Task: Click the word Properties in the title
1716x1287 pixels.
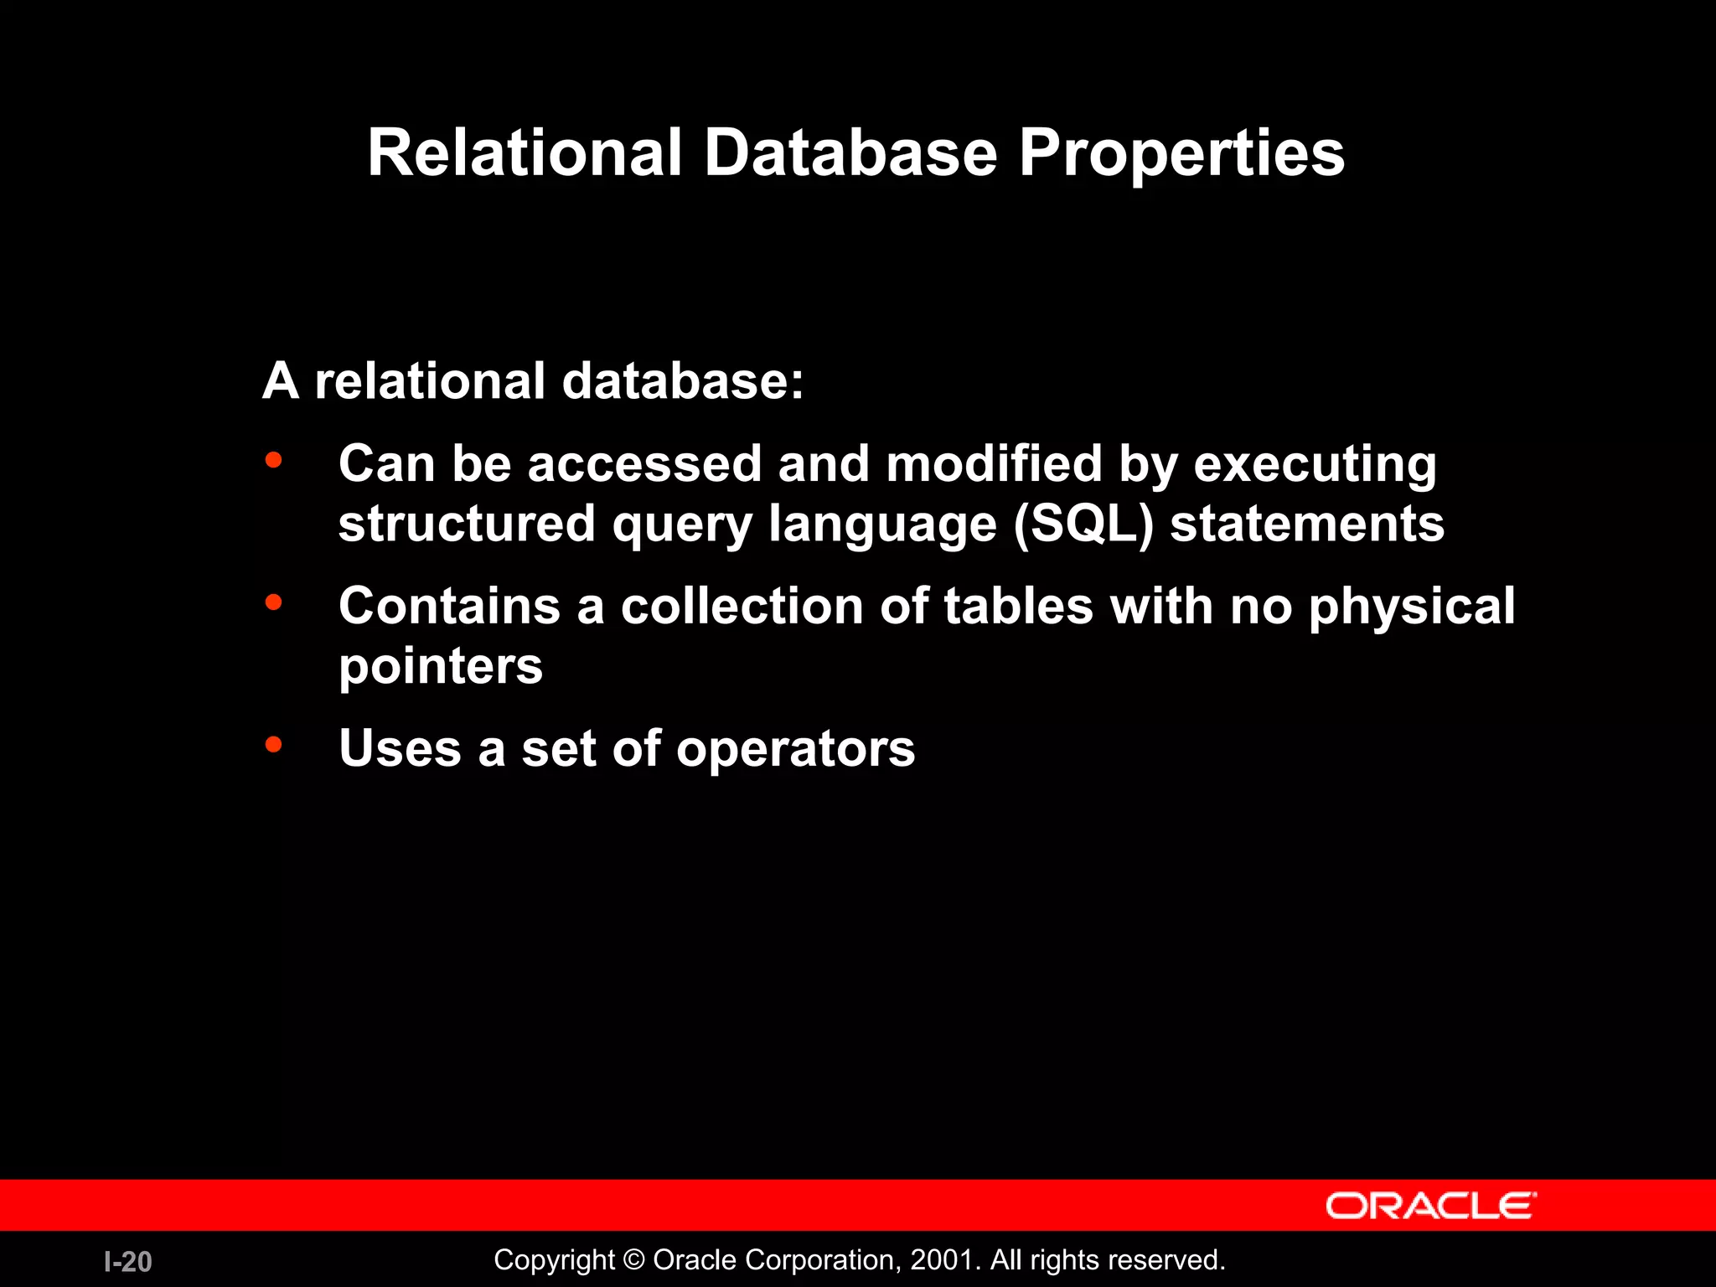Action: pos(1181,154)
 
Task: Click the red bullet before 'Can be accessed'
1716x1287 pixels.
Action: pos(273,460)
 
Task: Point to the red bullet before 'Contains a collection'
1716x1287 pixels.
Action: pos(273,602)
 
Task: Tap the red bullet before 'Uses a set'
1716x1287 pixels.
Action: pos(273,743)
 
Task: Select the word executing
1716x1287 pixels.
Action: pos(1315,465)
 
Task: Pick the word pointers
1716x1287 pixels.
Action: pos(441,667)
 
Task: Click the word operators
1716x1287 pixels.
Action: pos(795,748)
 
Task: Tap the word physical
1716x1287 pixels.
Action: pos(1412,607)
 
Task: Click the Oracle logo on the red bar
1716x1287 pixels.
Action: pos(1430,1206)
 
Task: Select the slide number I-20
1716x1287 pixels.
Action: pos(128,1262)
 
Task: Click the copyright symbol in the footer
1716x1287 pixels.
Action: pos(634,1260)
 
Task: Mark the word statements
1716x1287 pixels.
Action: pos(1307,525)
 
